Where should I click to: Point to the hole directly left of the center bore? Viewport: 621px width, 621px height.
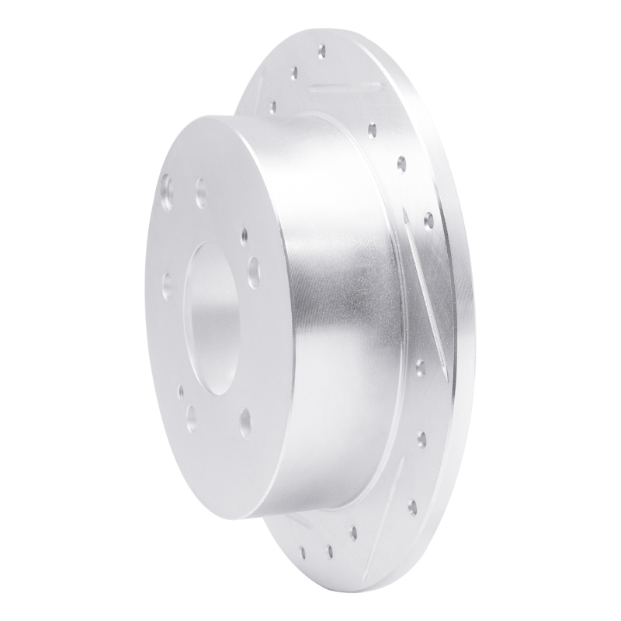tap(165, 279)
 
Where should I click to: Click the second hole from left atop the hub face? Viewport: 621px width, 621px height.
tap(201, 189)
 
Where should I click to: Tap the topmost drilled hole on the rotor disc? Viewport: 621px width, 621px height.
tap(321, 51)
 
